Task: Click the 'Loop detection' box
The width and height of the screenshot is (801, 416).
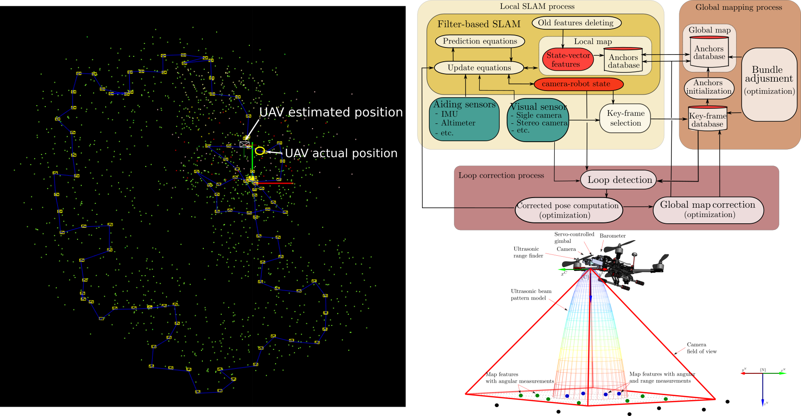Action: pyautogui.click(x=619, y=180)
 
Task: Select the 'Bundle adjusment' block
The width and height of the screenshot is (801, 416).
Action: pyautogui.click(x=769, y=84)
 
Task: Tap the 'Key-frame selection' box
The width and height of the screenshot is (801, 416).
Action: pyautogui.click(x=625, y=118)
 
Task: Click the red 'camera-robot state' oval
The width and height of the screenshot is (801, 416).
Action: pyautogui.click(x=578, y=84)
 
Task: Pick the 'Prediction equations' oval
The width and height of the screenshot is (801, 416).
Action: pyautogui.click(x=480, y=41)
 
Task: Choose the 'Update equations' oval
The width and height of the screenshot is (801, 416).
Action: pyautogui.click(x=479, y=67)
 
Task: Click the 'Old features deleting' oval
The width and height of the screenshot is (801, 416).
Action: pyautogui.click(x=576, y=23)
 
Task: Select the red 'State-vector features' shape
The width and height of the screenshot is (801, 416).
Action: pyautogui.click(x=568, y=59)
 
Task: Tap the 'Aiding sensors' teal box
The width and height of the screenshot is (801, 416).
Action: pyautogui.click(x=464, y=119)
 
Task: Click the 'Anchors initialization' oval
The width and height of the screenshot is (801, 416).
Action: pyautogui.click(x=708, y=87)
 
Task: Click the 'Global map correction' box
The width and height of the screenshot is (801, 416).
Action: pyautogui.click(x=708, y=210)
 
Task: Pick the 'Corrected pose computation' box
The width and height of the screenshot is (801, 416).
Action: pyautogui.click(x=568, y=210)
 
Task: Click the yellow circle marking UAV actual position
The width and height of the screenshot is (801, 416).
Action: pyautogui.click(x=260, y=151)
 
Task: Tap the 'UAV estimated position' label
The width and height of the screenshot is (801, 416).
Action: pyautogui.click(x=331, y=112)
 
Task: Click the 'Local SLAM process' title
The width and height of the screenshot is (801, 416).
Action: pyautogui.click(x=537, y=6)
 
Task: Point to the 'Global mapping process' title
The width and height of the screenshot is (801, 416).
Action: pyautogui.click(x=738, y=7)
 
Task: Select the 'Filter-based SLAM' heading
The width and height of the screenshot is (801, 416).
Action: pyautogui.click(x=479, y=24)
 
